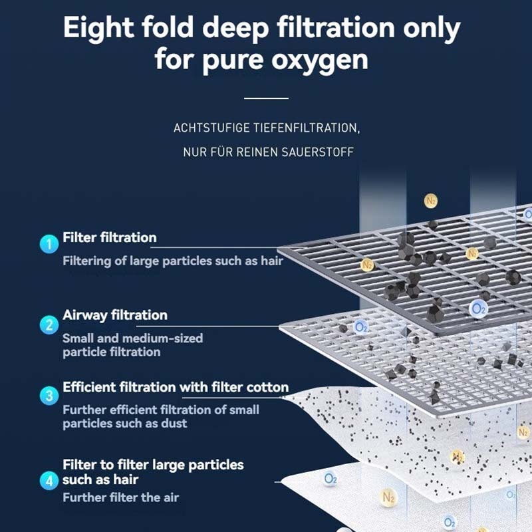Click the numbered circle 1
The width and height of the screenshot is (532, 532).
(49, 244)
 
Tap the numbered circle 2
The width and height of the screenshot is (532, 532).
(49, 325)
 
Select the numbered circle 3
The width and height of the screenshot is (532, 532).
(49, 396)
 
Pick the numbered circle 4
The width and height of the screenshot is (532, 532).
(49, 480)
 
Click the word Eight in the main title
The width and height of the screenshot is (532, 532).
(98, 29)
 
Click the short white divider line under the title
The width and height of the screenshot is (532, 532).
(266, 98)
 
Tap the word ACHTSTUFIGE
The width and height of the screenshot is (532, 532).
(211, 128)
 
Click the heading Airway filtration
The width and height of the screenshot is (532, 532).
(115, 315)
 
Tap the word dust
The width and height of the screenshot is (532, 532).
(174, 423)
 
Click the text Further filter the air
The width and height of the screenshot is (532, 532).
(121, 497)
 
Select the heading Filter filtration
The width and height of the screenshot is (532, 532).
(110, 237)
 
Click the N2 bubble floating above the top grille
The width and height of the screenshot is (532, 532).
(430, 201)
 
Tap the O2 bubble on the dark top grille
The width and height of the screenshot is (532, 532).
(478, 309)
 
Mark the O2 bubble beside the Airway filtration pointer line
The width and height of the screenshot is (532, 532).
(360, 327)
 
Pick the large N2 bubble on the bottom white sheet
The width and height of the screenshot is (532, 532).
(388, 497)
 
